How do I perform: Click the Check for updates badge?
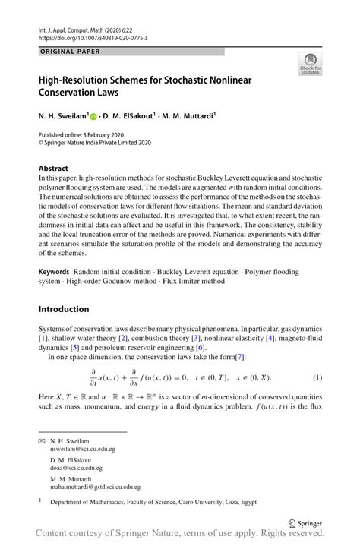point(310,65)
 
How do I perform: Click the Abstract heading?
point(54,167)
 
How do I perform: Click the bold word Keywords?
point(55,272)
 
